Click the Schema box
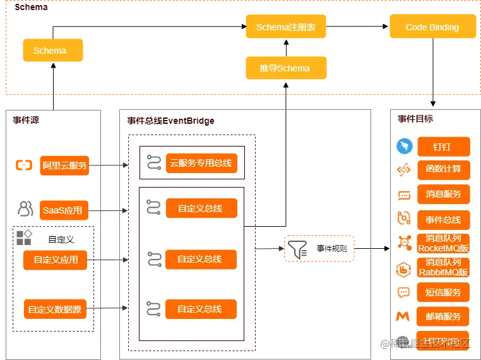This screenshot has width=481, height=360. (x=53, y=51)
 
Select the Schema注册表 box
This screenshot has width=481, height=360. (x=285, y=28)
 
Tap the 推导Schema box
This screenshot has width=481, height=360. (x=285, y=68)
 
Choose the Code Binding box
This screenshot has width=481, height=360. (x=432, y=28)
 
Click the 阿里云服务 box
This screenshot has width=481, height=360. (x=65, y=166)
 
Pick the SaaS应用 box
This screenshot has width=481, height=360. (x=62, y=210)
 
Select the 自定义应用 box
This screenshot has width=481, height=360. (x=56, y=260)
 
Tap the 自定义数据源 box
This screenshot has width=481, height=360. (x=56, y=309)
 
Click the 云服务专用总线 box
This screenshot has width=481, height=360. (x=201, y=163)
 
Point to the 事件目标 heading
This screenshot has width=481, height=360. (x=415, y=119)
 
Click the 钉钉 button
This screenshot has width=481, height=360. (x=443, y=147)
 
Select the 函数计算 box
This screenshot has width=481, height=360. (x=443, y=169)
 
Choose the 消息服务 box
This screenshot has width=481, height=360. (x=443, y=194)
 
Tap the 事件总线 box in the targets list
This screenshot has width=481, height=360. (x=443, y=220)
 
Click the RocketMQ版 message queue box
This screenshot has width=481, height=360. (x=443, y=243)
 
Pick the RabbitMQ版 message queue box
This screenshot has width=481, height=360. (x=443, y=267)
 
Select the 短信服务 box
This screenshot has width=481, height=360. (x=443, y=292)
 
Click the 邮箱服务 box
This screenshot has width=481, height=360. (x=443, y=316)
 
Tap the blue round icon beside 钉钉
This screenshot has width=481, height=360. (x=404, y=147)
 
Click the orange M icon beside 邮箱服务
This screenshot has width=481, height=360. (x=403, y=316)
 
